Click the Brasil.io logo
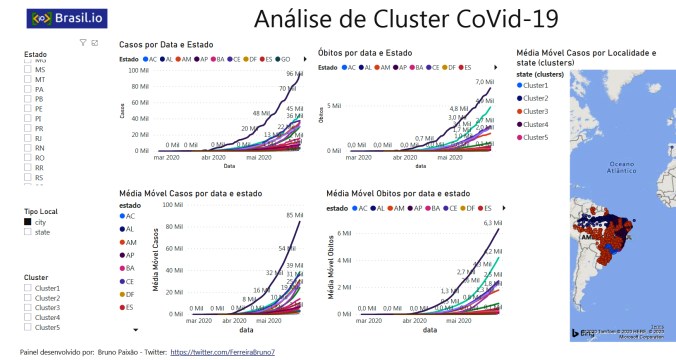71,18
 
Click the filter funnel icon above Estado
83,43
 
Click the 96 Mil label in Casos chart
294,74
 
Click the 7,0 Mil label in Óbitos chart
485,82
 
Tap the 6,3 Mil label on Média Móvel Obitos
492,223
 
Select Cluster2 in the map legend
536,99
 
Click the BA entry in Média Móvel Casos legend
129,268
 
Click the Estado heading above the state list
35,54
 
